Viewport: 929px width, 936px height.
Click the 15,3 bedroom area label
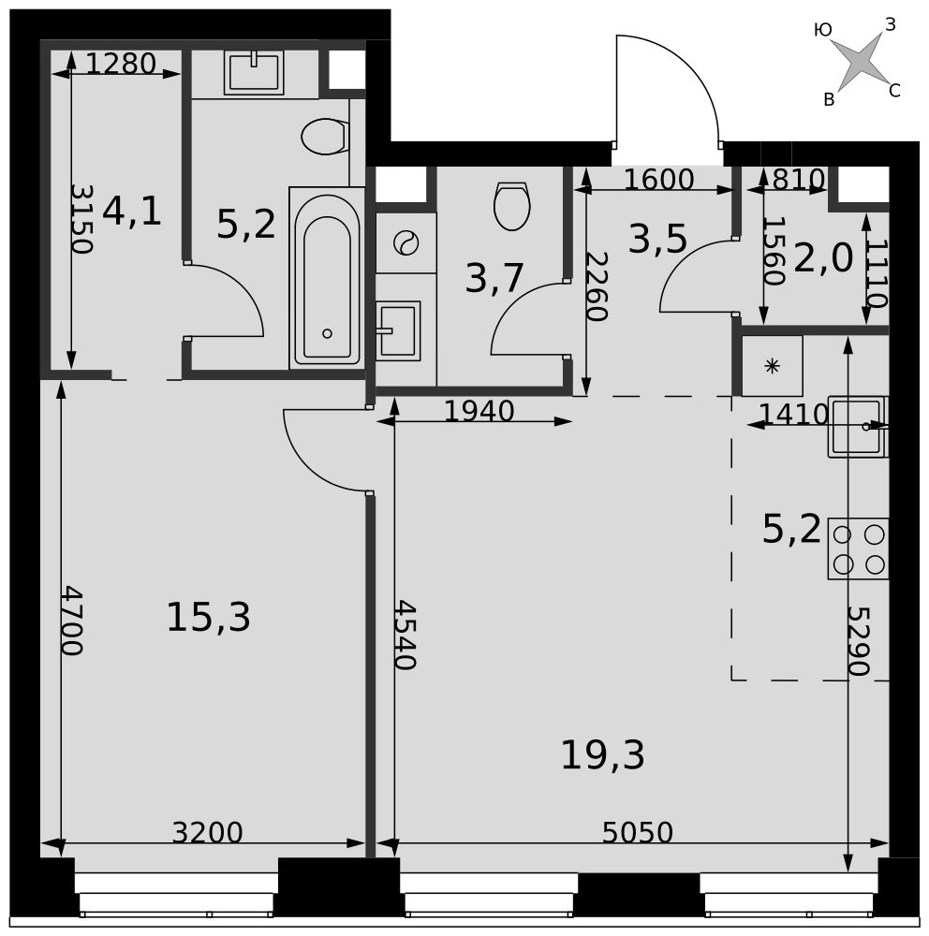click(x=208, y=617)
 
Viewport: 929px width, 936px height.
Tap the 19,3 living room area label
click(x=602, y=755)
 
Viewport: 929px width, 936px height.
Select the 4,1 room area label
click(x=132, y=212)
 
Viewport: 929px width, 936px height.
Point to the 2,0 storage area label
click(x=822, y=259)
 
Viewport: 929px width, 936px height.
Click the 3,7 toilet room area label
click(x=494, y=278)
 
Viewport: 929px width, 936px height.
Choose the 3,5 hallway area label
click(x=657, y=240)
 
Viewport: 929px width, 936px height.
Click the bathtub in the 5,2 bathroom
click(x=327, y=278)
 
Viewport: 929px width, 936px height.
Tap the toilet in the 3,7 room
click(x=512, y=206)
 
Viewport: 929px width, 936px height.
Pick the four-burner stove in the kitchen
click(x=858, y=548)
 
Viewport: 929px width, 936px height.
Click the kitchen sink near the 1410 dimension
click(x=858, y=427)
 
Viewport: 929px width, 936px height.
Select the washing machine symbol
click(x=406, y=243)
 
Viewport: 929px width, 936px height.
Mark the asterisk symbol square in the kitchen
click(x=772, y=366)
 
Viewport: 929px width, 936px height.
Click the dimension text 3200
click(x=207, y=833)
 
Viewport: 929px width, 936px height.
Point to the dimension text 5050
click(x=638, y=833)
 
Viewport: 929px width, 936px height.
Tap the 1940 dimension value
click(x=479, y=411)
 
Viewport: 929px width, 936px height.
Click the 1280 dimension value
click(x=121, y=64)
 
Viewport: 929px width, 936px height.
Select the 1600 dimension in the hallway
click(x=658, y=180)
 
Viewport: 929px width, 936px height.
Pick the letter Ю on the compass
click(x=822, y=30)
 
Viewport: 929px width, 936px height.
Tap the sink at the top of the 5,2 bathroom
click(x=254, y=72)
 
